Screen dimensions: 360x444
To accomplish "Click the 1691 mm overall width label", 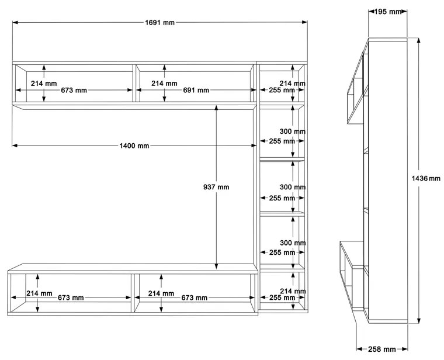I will pos(159,23).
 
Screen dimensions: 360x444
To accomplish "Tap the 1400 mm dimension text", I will pos(135,146).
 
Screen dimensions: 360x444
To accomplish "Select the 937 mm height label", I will pos(216,187).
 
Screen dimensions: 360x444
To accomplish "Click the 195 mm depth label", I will pos(388,11).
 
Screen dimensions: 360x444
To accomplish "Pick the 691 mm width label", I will pos(196,91).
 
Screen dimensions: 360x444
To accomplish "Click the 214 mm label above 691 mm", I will pos(164,84).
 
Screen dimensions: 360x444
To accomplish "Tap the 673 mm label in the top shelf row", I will pos(74,91).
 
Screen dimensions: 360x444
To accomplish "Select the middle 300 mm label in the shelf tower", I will pos(293,187).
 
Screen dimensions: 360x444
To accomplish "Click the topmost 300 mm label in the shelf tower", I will pos(293,132).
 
